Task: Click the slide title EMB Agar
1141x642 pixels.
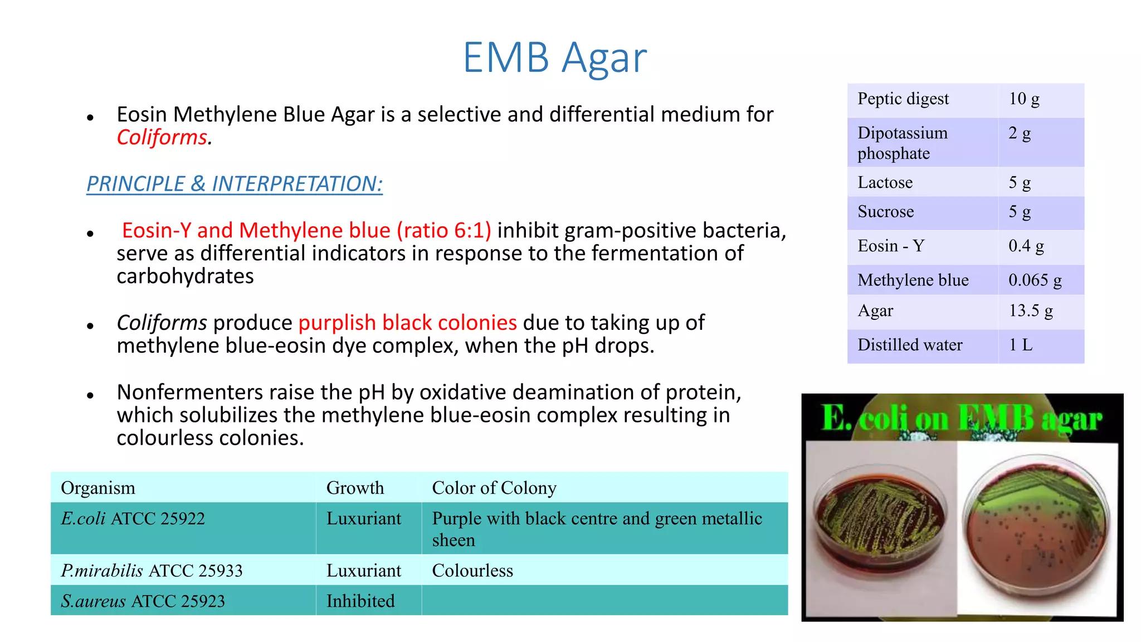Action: pos(554,57)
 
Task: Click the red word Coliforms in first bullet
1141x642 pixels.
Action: pos(162,137)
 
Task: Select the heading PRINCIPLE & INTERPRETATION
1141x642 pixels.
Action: pos(235,184)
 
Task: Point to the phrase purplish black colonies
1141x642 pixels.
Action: pos(407,323)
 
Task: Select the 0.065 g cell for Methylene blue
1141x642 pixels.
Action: pos(1035,280)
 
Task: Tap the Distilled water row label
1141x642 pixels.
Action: pos(909,345)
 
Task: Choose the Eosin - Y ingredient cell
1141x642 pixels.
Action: pos(890,246)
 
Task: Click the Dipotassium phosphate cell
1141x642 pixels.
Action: pos(902,143)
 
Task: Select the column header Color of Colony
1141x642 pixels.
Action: pos(494,488)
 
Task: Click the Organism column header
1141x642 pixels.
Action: pos(98,488)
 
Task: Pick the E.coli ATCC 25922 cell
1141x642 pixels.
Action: pos(133,519)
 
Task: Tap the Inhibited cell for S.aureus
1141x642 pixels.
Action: pos(360,601)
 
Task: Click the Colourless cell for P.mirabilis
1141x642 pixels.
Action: pos(472,571)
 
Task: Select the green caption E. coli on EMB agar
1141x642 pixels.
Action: pos(962,418)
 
